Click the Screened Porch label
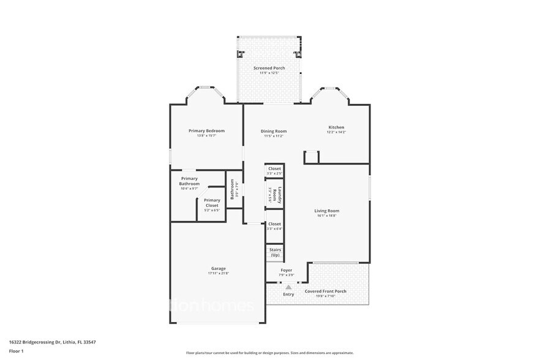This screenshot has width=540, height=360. [269, 68]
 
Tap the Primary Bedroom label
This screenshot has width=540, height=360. [206, 130]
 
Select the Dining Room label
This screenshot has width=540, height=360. [274, 131]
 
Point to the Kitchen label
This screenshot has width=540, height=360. [336, 127]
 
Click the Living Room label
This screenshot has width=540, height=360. [327, 211]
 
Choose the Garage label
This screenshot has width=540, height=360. [219, 268]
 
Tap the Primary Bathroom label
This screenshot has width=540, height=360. [189, 181]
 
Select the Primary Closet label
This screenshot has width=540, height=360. [212, 200]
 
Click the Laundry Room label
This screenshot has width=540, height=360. [279, 195]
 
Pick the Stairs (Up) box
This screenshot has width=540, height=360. [275, 252]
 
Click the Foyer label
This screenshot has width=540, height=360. [286, 270]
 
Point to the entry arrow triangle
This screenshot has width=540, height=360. [288, 287]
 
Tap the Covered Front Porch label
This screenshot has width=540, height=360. [325, 291]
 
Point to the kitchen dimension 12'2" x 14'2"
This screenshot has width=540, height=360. [336, 132]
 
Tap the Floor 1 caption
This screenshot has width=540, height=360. [17, 351]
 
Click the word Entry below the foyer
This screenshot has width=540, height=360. [288, 294]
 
